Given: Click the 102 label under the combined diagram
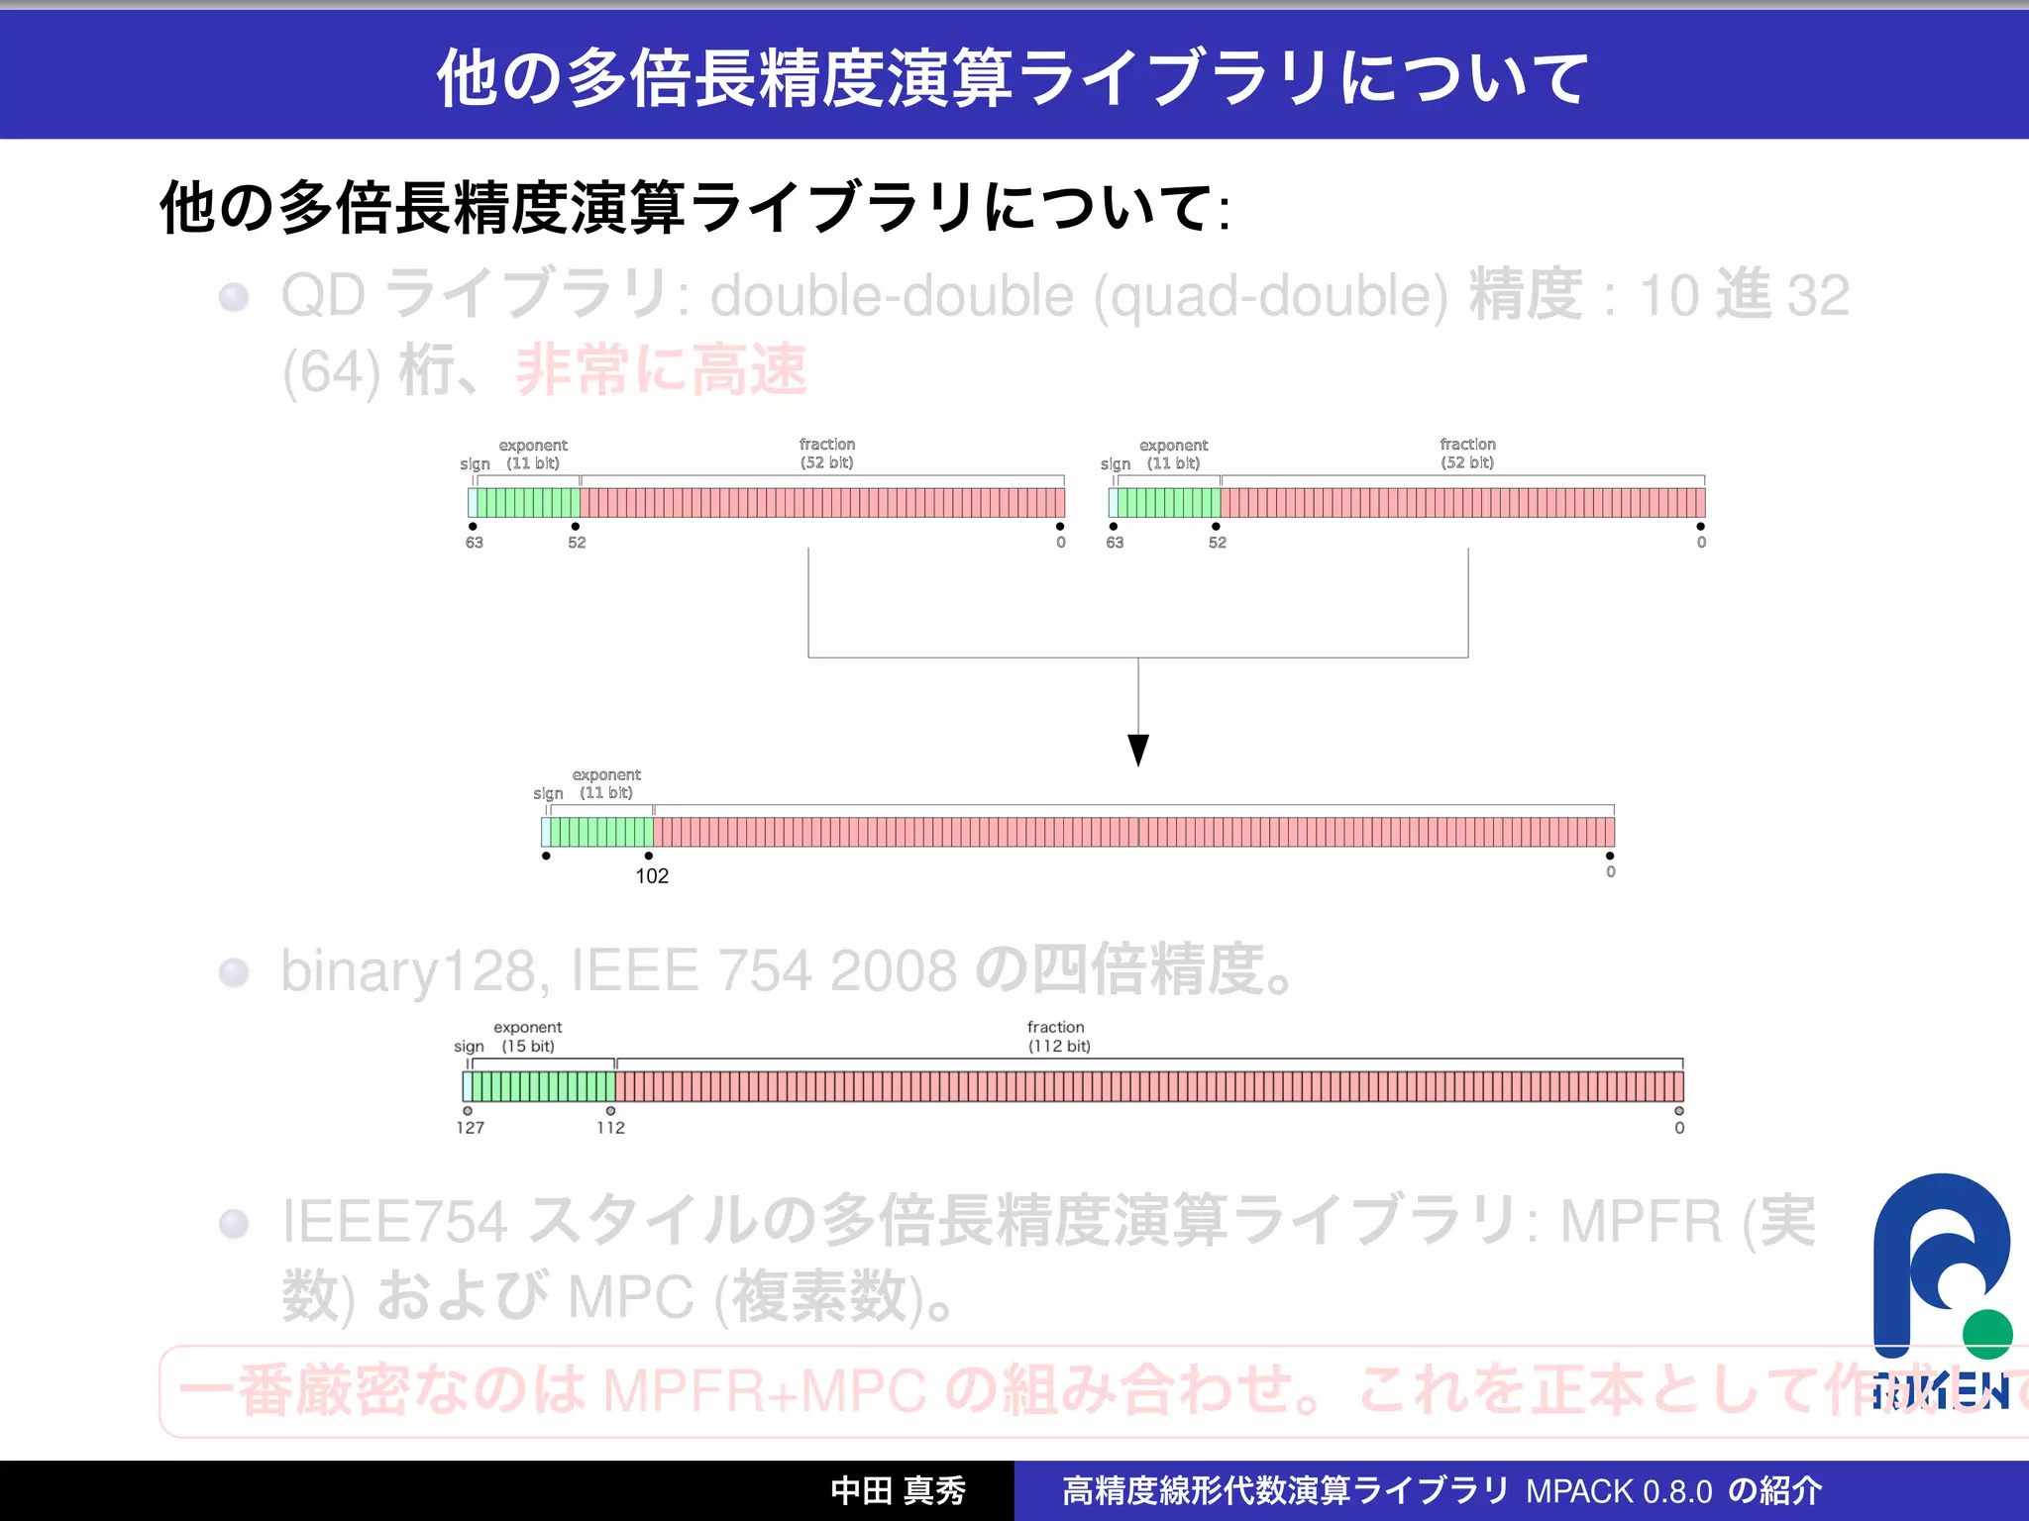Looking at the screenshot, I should pos(652,876).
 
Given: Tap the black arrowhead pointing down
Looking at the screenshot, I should pos(1138,750).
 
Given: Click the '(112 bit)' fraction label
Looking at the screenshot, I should pos(1058,1047).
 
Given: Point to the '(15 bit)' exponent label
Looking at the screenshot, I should pos(527,1047).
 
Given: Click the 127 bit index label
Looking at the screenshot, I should pos(470,1128).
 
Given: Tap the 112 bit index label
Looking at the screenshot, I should pos(610,1128).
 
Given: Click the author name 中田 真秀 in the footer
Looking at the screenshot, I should pos(898,1491).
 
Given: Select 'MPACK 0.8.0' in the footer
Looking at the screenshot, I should pos(1619,1491).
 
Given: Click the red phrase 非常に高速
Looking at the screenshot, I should pos(661,370).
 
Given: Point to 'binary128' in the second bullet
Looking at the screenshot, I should pos(409,970).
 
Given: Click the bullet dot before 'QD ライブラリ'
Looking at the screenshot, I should pos(234,297).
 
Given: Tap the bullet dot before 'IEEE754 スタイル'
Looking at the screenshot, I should pos(234,1224).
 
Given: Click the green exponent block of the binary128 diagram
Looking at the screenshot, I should pos(542,1086).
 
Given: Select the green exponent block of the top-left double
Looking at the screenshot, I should pos(528,503).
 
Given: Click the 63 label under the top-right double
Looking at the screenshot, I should pos(1115,543).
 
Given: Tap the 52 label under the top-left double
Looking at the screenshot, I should pos(577,543).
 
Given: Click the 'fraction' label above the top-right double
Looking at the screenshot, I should pos(1467,445).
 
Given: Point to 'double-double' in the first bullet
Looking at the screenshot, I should pos(892,296).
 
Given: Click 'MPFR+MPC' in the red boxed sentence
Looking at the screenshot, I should pos(764,1390).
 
